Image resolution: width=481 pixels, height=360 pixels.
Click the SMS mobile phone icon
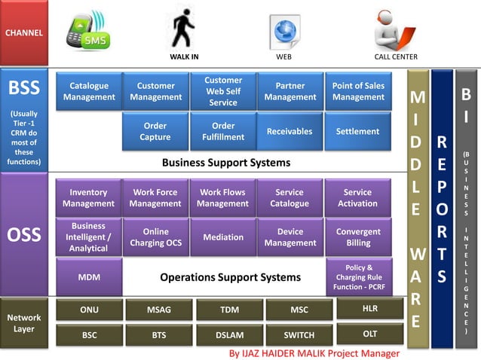[87, 32]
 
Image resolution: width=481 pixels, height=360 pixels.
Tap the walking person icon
[182, 29]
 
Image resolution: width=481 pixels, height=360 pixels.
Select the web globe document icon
[284, 32]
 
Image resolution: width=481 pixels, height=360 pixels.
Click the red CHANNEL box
[24, 32]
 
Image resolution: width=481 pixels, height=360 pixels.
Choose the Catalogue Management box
[89, 91]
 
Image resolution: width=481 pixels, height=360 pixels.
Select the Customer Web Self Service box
[223, 91]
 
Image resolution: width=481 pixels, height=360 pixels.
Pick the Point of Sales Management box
[358, 91]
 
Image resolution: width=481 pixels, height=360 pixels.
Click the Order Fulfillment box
[223, 131]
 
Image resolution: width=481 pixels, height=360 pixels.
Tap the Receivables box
[290, 131]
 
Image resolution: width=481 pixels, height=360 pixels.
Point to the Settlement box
[358, 131]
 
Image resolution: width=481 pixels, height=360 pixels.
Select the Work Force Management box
[155, 197]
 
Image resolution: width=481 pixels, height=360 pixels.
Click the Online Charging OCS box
[155, 237]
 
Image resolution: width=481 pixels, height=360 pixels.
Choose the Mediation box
[223, 237]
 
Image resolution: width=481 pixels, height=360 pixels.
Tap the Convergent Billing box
[358, 237]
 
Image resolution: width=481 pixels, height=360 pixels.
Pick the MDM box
[89, 277]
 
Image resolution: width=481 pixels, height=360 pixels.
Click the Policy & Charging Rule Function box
[359, 277]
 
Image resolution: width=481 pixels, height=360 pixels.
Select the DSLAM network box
[228, 334]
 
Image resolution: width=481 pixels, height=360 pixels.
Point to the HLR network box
[369, 308]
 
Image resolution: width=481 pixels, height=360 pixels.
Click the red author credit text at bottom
[314, 352]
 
